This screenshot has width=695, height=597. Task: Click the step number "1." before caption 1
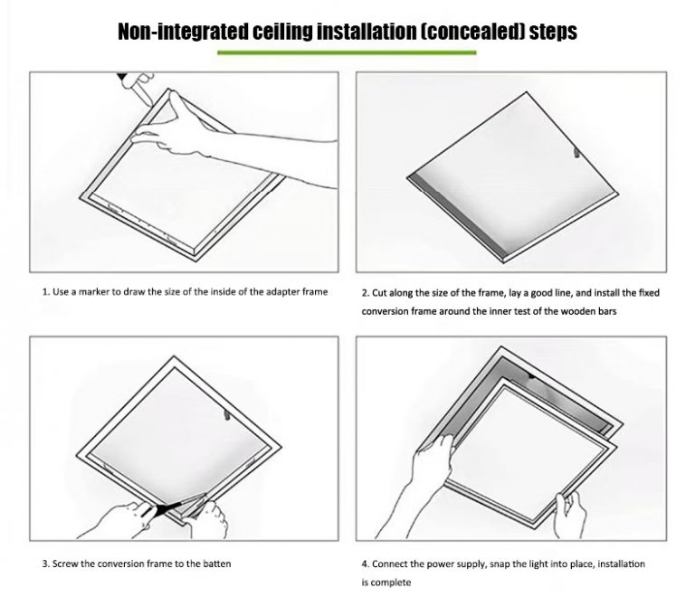tap(45, 292)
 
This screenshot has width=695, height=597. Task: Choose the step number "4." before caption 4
tap(366, 564)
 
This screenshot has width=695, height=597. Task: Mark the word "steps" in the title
tap(549, 32)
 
